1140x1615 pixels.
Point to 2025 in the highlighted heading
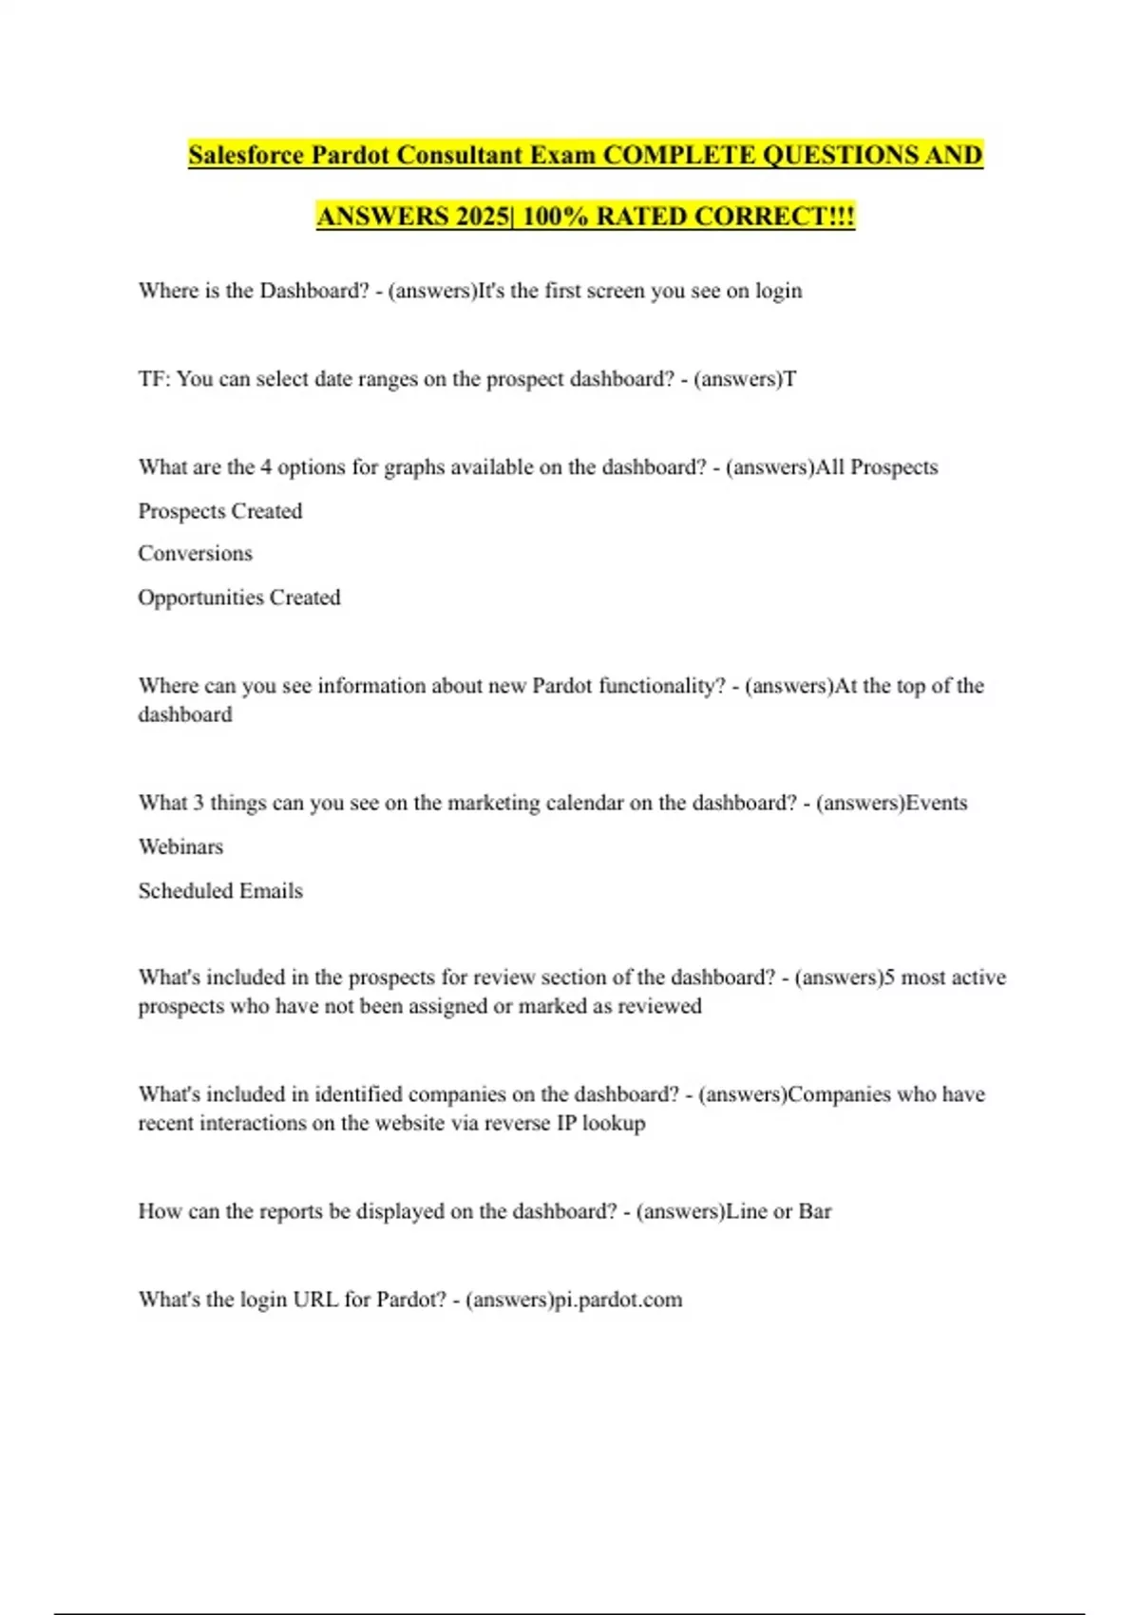click(x=482, y=217)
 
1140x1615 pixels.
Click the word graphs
click(x=414, y=467)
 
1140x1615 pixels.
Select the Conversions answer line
click(x=195, y=554)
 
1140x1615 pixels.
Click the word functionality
click(x=661, y=686)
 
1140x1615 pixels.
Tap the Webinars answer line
click(x=180, y=846)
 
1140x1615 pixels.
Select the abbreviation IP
click(x=566, y=1123)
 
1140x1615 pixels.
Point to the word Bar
click(x=815, y=1211)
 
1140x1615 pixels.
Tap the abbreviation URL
click(x=315, y=1300)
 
